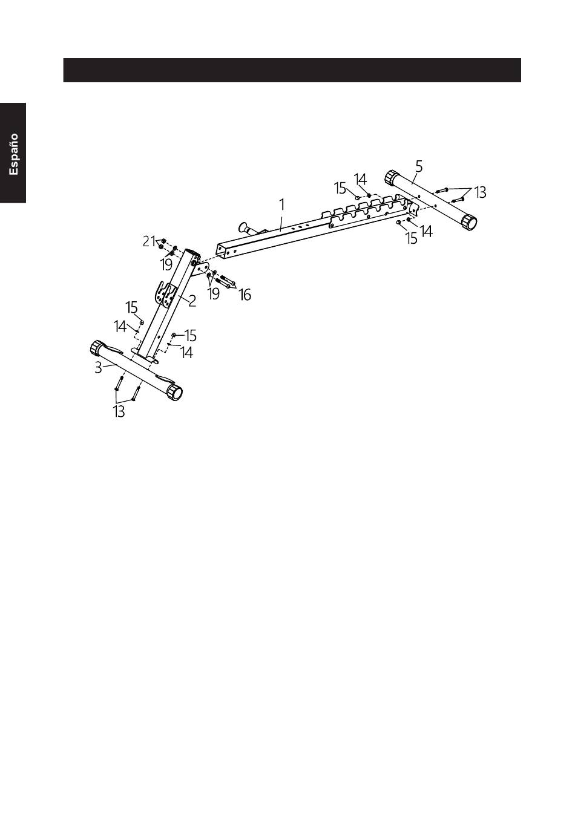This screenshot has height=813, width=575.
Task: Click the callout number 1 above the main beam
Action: click(282, 205)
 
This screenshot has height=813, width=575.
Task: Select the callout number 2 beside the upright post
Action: click(192, 301)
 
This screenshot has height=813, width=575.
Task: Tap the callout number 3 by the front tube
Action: click(98, 367)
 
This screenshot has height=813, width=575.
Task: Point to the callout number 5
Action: click(419, 164)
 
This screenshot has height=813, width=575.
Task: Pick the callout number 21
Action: click(148, 241)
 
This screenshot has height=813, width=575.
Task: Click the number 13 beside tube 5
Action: click(480, 192)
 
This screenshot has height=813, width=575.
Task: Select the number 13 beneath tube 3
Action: click(119, 413)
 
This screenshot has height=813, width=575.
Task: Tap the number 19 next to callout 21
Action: click(166, 264)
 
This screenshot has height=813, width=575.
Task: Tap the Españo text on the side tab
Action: click(13, 154)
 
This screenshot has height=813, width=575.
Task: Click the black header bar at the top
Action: click(292, 70)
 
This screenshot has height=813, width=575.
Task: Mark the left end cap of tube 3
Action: click(97, 348)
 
